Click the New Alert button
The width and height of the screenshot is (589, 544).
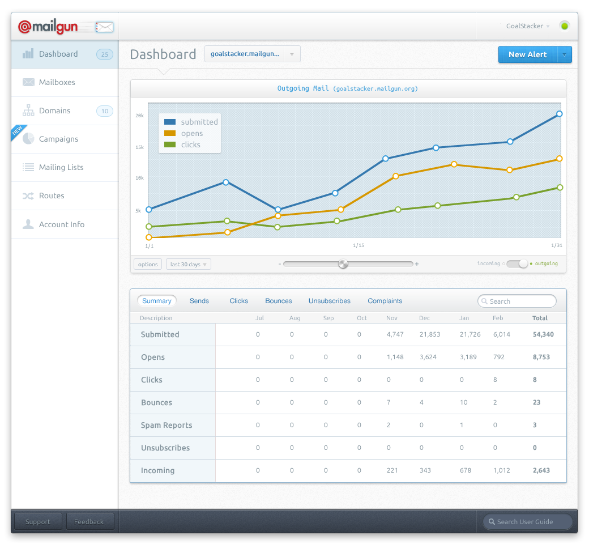pyautogui.click(x=527, y=54)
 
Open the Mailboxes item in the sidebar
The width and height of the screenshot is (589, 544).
pyautogui.click(x=57, y=82)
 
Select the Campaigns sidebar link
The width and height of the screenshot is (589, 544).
pyautogui.click(x=58, y=139)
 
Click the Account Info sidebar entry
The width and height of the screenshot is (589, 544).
pyautogui.click(x=61, y=224)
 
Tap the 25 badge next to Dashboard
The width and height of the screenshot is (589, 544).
pyautogui.click(x=104, y=54)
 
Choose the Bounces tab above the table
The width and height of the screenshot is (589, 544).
pyautogui.click(x=279, y=301)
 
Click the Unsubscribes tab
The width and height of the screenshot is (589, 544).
pyautogui.click(x=330, y=301)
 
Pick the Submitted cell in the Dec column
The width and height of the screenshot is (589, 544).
pyautogui.click(x=429, y=334)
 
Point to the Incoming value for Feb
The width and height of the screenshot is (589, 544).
pyautogui.click(x=501, y=470)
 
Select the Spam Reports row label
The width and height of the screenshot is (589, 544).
pyautogui.click(x=167, y=425)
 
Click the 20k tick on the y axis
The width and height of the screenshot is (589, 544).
pyautogui.click(x=139, y=116)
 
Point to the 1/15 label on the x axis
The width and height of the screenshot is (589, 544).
pyautogui.click(x=358, y=245)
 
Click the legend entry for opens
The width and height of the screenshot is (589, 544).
pyautogui.click(x=191, y=133)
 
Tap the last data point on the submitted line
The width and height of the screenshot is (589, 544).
pyautogui.click(x=560, y=114)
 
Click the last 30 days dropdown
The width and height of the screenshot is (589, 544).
pyautogui.click(x=188, y=264)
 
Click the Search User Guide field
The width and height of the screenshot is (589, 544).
pyautogui.click(x=527, y=522)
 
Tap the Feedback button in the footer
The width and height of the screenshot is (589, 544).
pyautogui.click(x=89, y=522)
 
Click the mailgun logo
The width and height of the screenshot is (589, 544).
pyautogui.click(x=48, y=27)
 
